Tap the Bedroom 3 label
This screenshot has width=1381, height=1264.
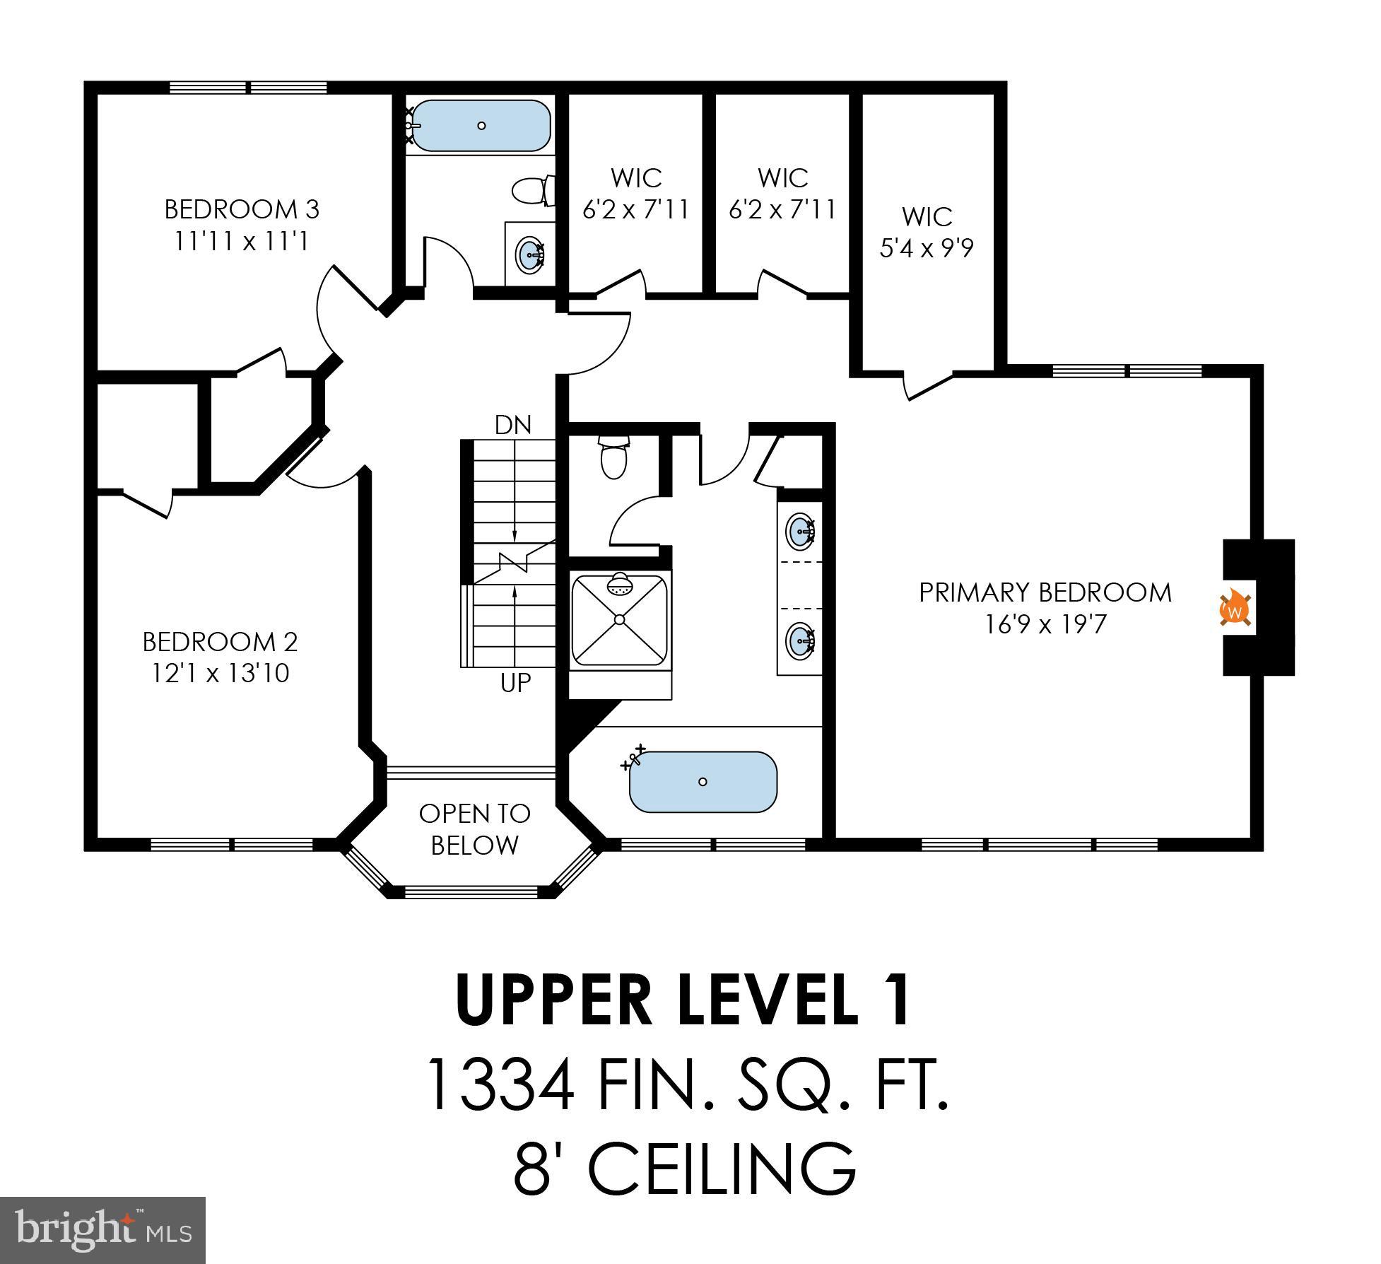click(x=242, y=209)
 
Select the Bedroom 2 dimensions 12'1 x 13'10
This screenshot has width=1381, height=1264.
click(x=221, y=673)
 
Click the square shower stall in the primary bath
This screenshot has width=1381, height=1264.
click(x=620, y=619)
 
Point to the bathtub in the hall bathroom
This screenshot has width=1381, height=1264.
click(x=481, y=125)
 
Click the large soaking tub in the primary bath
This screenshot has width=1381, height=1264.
click(x=703, y=782)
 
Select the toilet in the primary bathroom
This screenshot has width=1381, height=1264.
click(x=613, y=457)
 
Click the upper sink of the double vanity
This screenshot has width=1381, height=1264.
click(x=799, y=530)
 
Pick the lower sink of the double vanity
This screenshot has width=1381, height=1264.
click(x=799, y=640)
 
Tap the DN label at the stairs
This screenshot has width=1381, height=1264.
click(x=512, y=425)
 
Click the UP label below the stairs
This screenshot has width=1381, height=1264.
click(x=515, y=683)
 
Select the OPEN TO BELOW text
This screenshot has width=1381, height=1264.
click(x=474, y=829)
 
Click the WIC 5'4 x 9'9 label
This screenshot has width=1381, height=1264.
click(x=927, y=232)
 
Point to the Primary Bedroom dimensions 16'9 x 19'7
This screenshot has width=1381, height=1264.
click(x=1045, y=625)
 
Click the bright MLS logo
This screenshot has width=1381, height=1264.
click(x=102, y=1229)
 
